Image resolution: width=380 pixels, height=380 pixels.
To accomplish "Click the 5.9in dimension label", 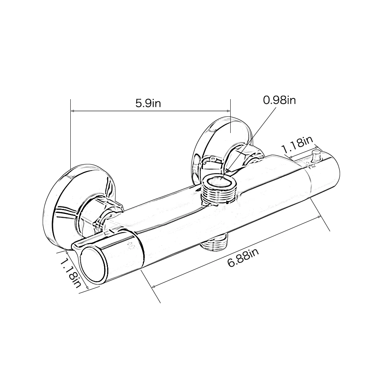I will click(149, 103).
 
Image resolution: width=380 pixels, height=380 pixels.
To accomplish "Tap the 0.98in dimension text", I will click(280, 100).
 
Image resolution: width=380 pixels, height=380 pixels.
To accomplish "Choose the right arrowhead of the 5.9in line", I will click(229, 111).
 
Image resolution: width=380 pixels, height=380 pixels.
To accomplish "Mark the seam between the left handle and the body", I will click(140, 251).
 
